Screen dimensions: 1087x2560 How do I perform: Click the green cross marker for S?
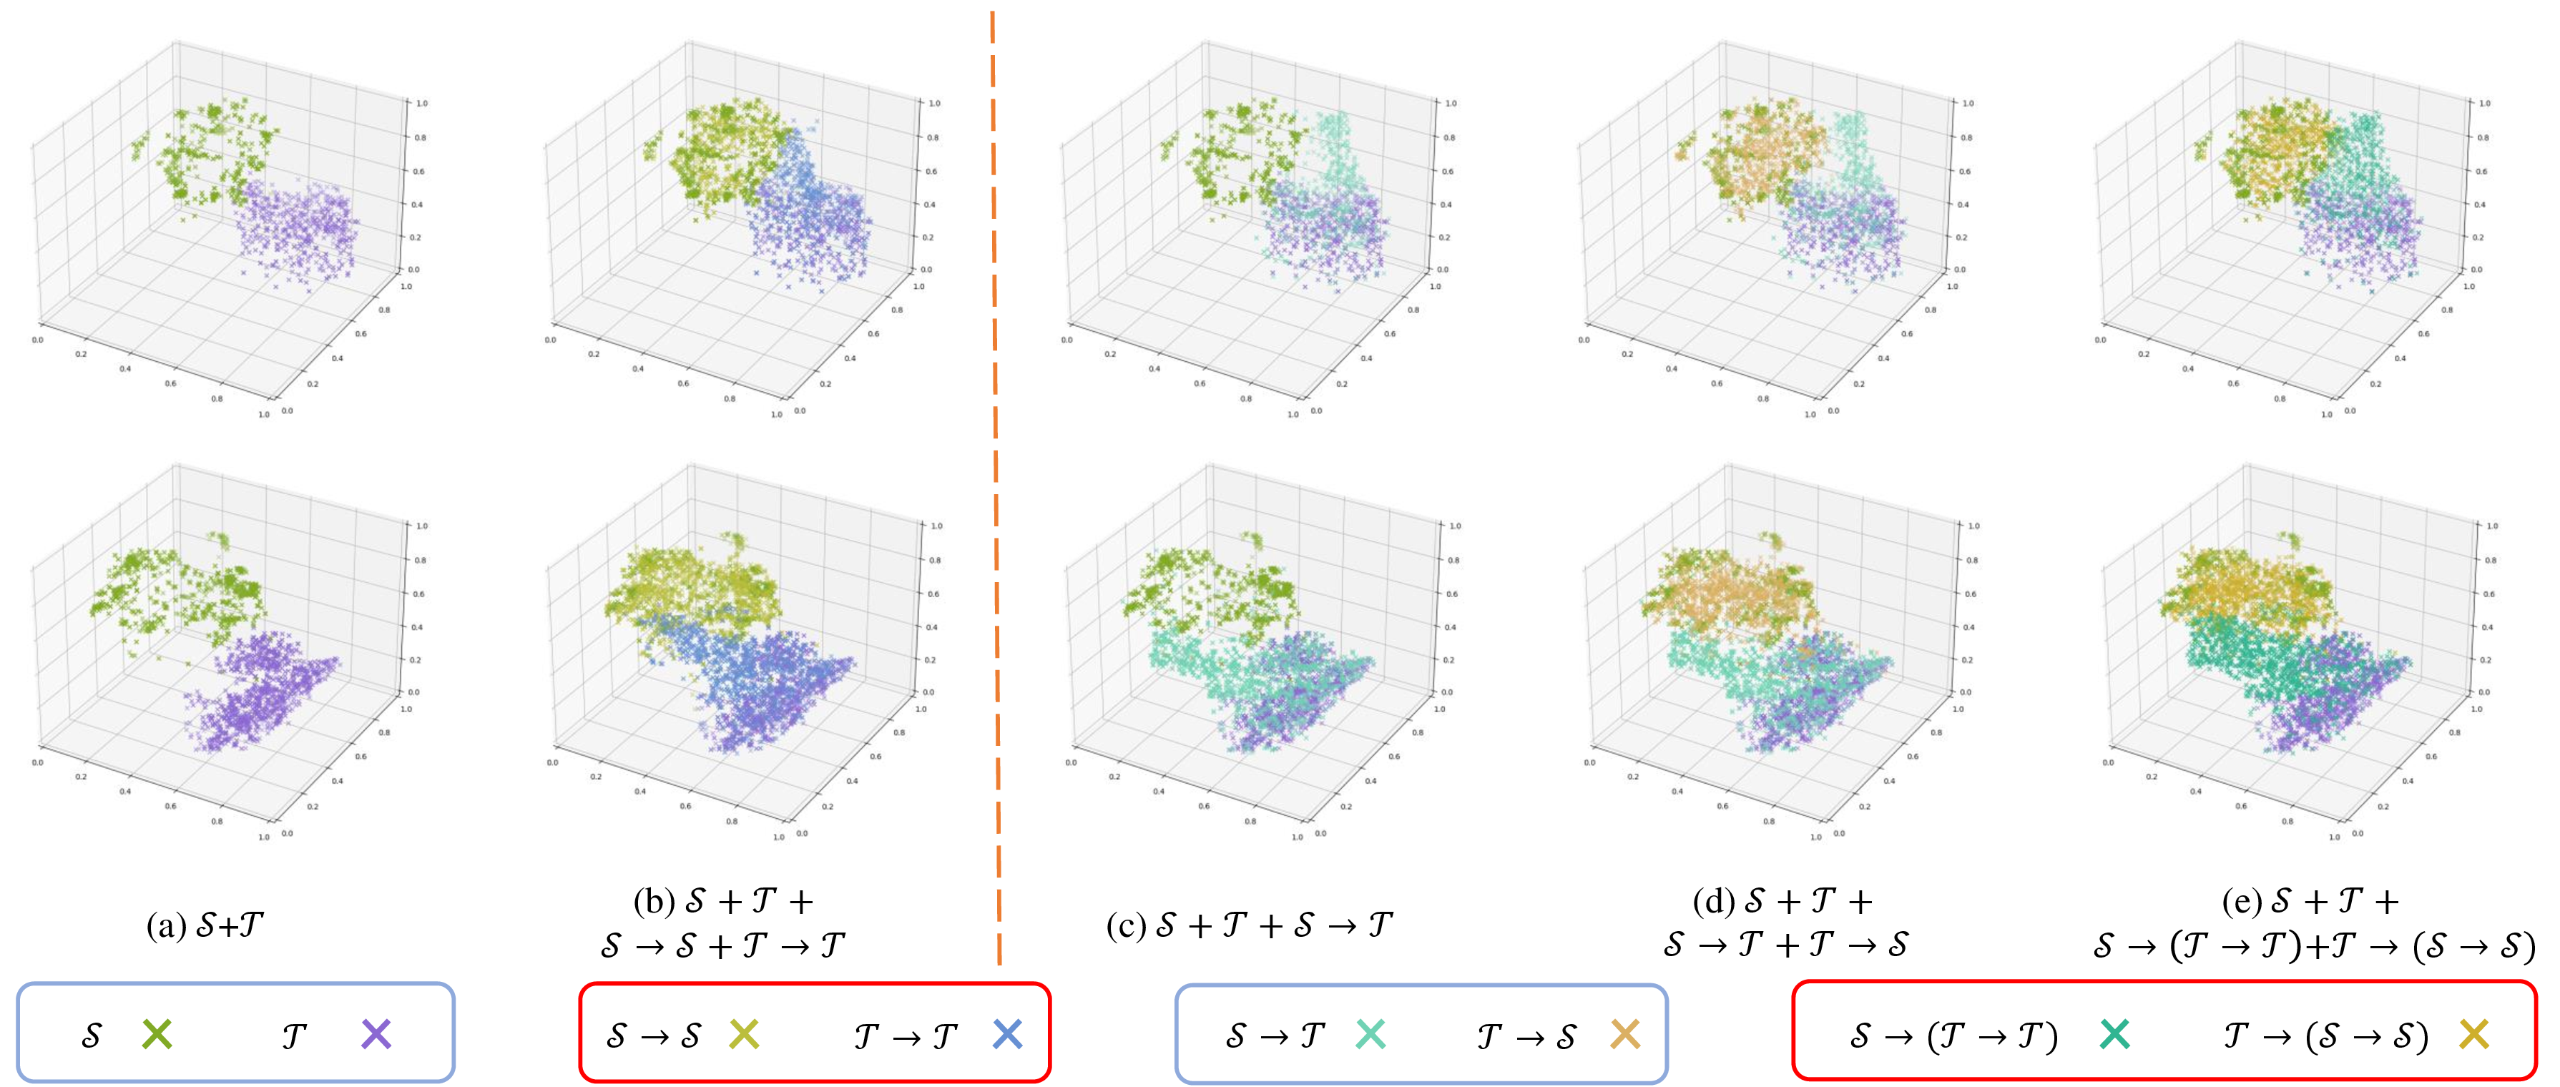(x=157, y=1034)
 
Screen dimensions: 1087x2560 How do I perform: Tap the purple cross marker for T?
(x=376, y=1034)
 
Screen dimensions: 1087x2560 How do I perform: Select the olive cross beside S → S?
(x=743, y=1034)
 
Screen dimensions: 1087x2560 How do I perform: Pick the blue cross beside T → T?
(x=1006, y=1034)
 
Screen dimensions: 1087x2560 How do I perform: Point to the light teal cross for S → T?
(x=1370, y=1034)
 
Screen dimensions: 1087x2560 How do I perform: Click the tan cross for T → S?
(x=1624, y=1034)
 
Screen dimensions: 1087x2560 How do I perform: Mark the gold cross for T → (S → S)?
(x=2473, y=1034)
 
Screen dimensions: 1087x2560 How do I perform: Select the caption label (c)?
(x=1125, y=926)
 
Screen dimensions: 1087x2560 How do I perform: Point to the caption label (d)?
(x=1711, y=901)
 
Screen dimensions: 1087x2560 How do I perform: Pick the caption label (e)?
(x=2240, y=901)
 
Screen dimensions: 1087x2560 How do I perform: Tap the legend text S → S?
(x=654, y=1036)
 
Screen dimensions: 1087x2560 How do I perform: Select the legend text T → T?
(x=906, y=1036)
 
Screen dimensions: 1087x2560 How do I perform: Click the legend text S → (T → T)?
(x=1953, y=1036)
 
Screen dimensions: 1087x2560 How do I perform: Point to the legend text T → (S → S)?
(x=2325, y=1036)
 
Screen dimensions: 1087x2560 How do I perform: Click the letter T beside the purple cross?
(x=293, y=1036)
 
